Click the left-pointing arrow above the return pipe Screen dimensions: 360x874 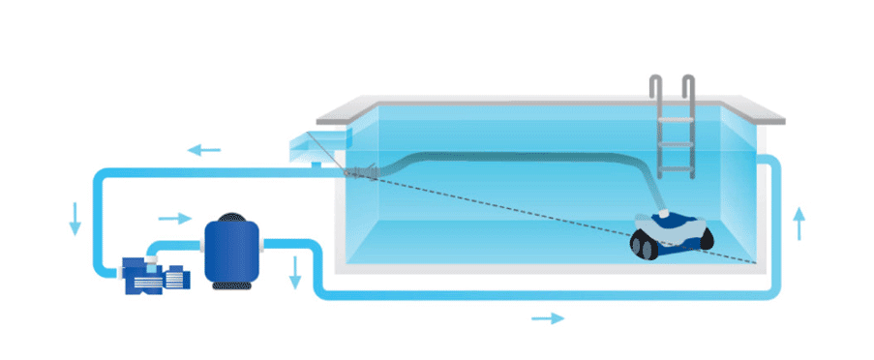204,150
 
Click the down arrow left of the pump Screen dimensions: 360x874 75,220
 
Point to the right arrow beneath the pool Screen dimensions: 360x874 548,317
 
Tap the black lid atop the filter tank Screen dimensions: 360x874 233,218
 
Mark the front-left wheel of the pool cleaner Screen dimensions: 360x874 643,249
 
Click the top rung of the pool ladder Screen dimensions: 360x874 676,118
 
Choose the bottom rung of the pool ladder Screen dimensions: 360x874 676,165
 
